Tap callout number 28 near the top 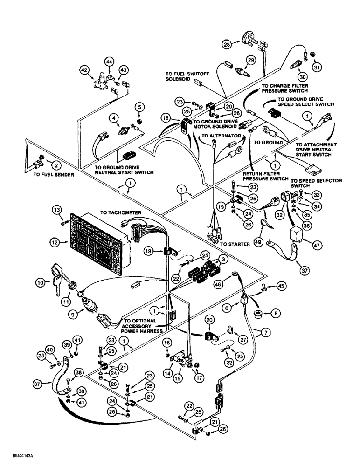(x=227, y=44)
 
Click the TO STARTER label (x=232, y=244)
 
